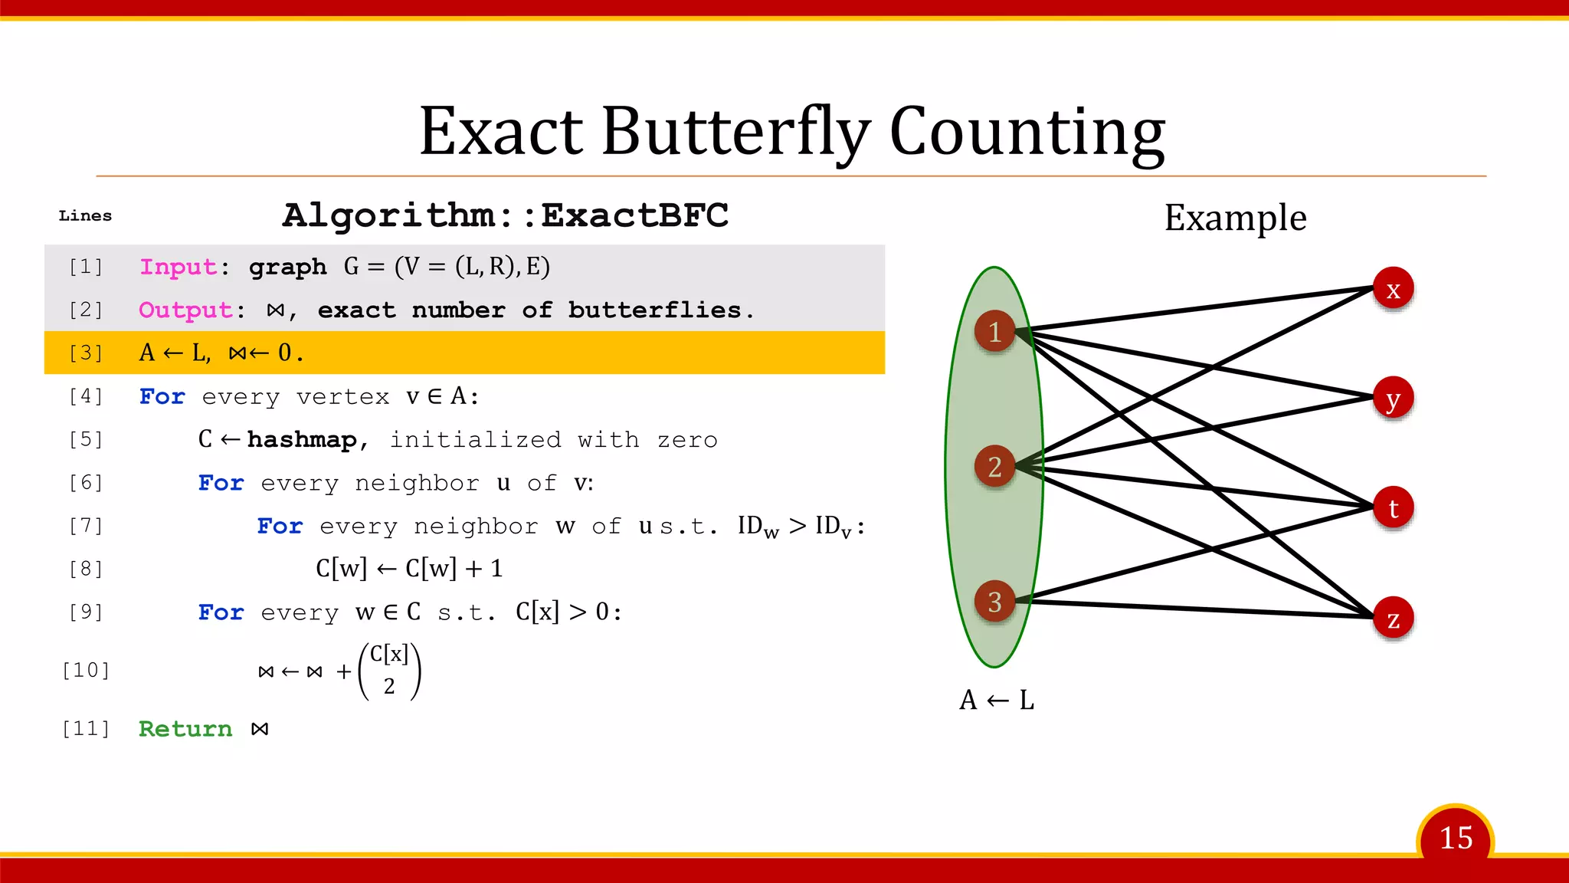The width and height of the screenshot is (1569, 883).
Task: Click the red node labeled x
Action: (x=1392, y=289)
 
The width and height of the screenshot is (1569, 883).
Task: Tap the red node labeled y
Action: (x=1392, y=399)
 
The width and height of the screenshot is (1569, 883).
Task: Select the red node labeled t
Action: (x=1392, y=508)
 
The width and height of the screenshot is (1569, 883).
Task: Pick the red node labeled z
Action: (x=1392, y=619)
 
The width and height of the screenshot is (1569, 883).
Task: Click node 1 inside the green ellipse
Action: (x=994, y=331)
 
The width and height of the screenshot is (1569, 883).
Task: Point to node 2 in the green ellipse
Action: (x=994, y=466)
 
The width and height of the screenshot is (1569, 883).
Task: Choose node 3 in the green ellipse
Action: (x=994, y=602)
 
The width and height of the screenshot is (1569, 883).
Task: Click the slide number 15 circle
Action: (x=1455, y=838)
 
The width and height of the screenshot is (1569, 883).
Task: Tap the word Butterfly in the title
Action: (x=735, y=132)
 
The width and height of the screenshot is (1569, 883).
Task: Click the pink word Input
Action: (x=178, y=267)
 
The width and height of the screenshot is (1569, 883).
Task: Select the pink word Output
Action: (x=185, y=310)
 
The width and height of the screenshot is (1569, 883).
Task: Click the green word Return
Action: (x=185, y=729)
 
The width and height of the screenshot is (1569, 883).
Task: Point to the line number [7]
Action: (x=85, y=526)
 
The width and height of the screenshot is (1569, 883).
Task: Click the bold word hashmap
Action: (x=302, y=439)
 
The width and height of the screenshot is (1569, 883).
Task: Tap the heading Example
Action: (x=1235, y=218)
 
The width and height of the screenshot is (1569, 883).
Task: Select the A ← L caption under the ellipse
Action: (x=996, y=700)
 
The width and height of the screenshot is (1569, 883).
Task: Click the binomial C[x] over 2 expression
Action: (x=389, y=671)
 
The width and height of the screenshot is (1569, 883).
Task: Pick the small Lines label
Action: (x=85, y=216)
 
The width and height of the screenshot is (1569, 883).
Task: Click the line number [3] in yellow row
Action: (x=85, y=353)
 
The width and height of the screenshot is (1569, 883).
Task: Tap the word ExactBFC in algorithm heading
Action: (x=634, y=215)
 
